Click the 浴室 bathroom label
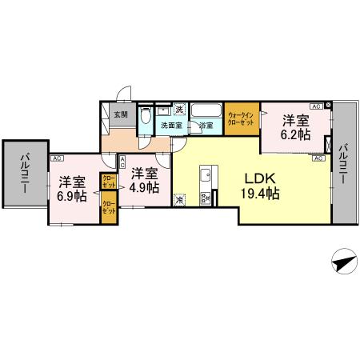(x=206, y=126)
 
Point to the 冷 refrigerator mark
(x=180, y=199)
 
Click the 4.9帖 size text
(x=144, y=188)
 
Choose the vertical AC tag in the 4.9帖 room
(x=122, y=162)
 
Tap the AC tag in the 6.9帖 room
(x=57, y=158)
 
